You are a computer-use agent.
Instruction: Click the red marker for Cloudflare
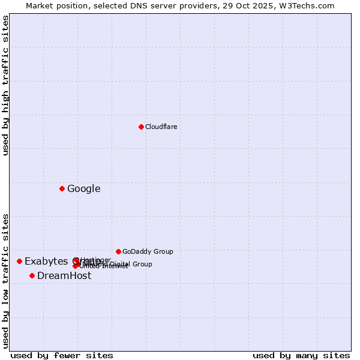point(141,127)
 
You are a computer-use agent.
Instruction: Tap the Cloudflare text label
point(161,127)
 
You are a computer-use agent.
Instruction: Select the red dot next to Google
point(62,188)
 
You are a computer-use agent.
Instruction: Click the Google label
point(83,189)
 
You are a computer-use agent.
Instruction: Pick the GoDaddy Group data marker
point(118,251)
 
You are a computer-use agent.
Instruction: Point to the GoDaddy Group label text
point(148,251)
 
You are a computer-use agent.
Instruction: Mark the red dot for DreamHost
point(32,275)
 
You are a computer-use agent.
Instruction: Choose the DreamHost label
point(64,276)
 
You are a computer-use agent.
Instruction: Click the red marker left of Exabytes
point(19,261)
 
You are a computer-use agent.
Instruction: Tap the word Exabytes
point(46,262)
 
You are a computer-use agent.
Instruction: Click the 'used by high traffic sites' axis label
point(5,85)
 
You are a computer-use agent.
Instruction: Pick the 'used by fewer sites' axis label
point(62,355)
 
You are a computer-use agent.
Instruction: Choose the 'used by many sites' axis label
point(301,355)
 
